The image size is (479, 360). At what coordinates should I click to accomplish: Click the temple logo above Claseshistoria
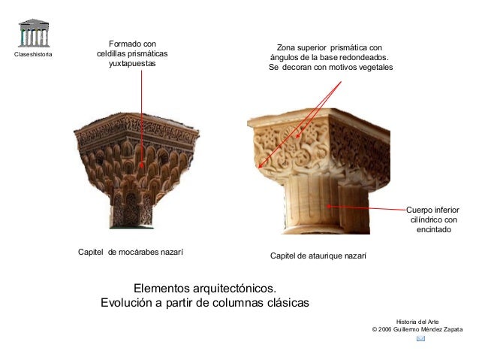(x=34, y=34)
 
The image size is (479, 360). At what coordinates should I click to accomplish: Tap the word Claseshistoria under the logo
(x=34, y=56)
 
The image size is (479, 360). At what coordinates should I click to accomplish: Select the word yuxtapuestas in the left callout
(x=132, y=65)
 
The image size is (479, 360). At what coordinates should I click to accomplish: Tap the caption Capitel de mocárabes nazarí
(x=131, y=252)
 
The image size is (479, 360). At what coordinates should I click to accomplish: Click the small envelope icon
(x=420, y=339)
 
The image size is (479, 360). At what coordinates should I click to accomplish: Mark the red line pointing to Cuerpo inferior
(x=368, y=207)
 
